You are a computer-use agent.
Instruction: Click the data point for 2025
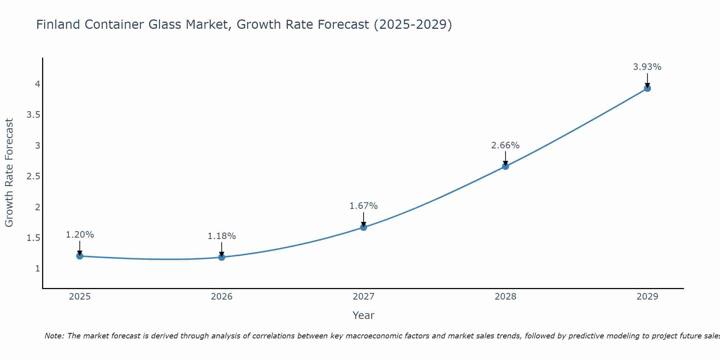coord(80,256)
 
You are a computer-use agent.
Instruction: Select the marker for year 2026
coord(221,257)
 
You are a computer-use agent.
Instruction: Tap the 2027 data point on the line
coord(363,227)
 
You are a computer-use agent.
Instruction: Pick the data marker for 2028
coord(505,166)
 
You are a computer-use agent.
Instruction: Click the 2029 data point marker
coord(647,88)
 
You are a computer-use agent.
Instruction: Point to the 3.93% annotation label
coord(647,67)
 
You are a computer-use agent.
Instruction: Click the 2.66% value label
coord(505,145)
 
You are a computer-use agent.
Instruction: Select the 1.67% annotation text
coord(363,206)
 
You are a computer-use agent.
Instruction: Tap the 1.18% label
coord(221,236)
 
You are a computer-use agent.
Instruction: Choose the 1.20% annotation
coord(80,235)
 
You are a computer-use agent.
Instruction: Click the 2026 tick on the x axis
coord(221,297)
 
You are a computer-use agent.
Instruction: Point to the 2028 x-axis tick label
coord(505,297)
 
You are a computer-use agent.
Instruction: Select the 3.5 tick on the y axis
coord(33,115)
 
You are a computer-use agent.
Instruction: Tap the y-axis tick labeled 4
coord(37,84)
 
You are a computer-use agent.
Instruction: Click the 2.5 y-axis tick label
coord(33,176)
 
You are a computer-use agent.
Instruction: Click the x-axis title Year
coord(363,315)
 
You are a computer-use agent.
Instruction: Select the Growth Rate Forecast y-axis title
coord(9,173)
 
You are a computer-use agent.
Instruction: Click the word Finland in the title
coord(58,24)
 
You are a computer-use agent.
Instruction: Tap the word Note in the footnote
coord(54,336)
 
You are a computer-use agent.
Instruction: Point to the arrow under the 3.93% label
coord(647,80)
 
